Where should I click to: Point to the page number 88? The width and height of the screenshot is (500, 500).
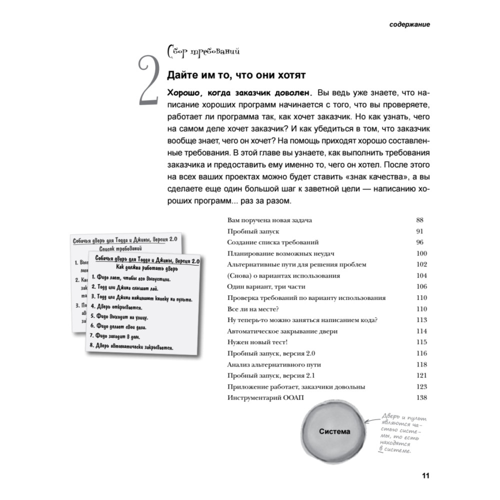419,220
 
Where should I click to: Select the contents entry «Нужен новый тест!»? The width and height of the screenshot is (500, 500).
257,342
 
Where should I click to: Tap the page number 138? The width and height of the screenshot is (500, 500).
421,397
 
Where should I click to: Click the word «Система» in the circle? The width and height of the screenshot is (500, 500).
334,431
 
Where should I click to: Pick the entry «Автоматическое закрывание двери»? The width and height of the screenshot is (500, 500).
282,331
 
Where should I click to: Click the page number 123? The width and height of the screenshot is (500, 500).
421,386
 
